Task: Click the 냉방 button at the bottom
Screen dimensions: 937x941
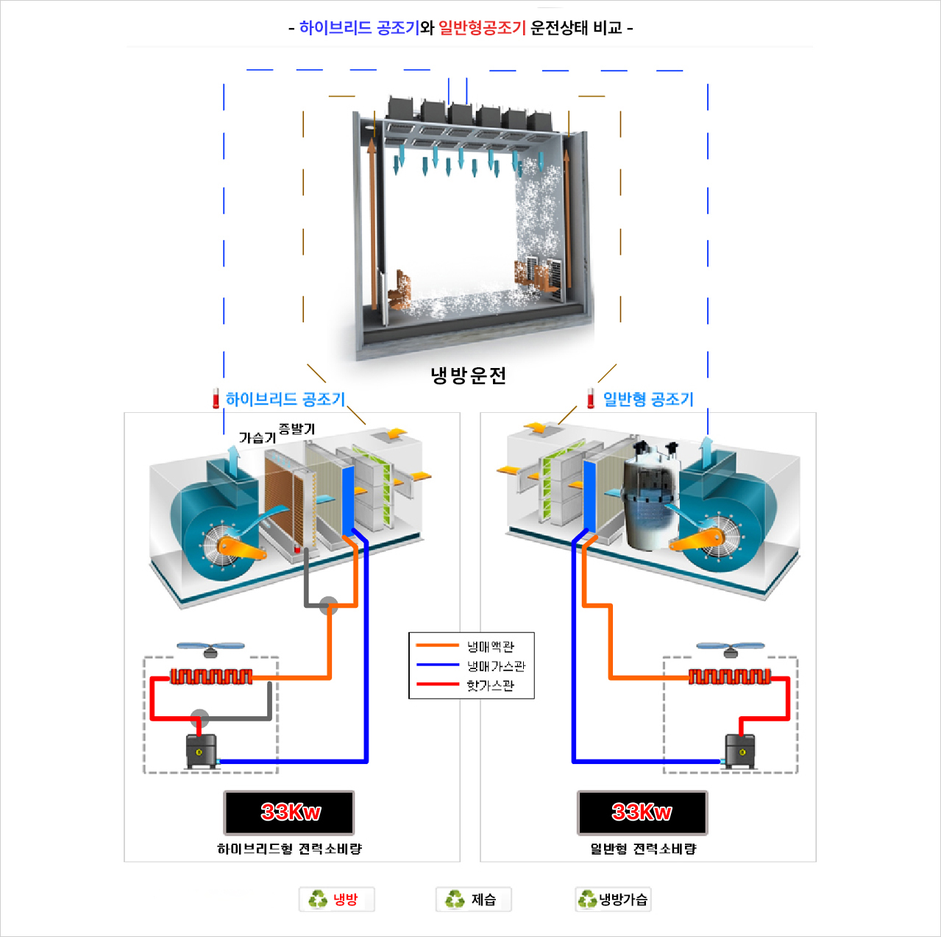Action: pyautogui.click(x=336, y=899)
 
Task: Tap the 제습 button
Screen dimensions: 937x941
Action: pyautogui.click(x=473, y=899)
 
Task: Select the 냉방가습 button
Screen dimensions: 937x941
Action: pyautogui.click(x=613, y=899)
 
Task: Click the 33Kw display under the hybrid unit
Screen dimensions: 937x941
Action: pyautogui.click(x=289, y=813)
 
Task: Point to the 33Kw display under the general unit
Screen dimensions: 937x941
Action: pyautogui.click(x=642, y=813)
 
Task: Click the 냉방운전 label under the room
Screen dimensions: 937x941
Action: pyautogui.click(x=469, y=376)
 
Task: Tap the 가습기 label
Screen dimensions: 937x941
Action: pyautogui.click(x=257, y=438)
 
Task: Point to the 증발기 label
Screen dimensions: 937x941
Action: pyautogui.click(x=296, y=428)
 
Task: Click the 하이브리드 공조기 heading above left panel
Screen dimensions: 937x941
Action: pyautogui.click(x=285, y=399)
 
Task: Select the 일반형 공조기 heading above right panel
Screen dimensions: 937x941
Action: pyautogui.click(x=647, y=399)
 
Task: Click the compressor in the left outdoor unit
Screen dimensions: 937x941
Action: pyautogui.click(x=201, y=752)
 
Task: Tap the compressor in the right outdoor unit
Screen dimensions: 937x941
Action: pyautogui.click(x=740, y=752)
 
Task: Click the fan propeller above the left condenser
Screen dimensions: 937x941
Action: pyautogui.click(x=211, y=648)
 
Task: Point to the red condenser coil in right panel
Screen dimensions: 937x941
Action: pyautogui.click(x=730, y=676)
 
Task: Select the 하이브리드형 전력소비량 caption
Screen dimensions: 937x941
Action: pyautogui.click(x=289, y=849)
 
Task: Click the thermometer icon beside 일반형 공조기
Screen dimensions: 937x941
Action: pyautogui.click(x=591, y=398)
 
